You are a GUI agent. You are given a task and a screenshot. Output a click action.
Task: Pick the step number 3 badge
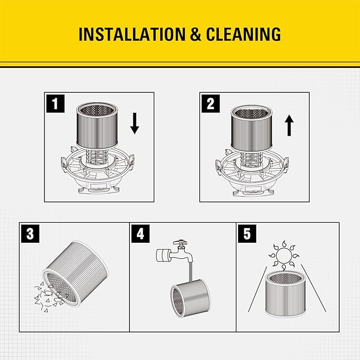29,233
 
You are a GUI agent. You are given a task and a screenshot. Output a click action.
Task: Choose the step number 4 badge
140,233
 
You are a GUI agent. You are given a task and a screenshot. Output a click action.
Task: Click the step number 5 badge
245,233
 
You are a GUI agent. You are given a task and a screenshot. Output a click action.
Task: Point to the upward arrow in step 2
289,127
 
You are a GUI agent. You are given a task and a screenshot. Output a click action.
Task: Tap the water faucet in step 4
175,251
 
